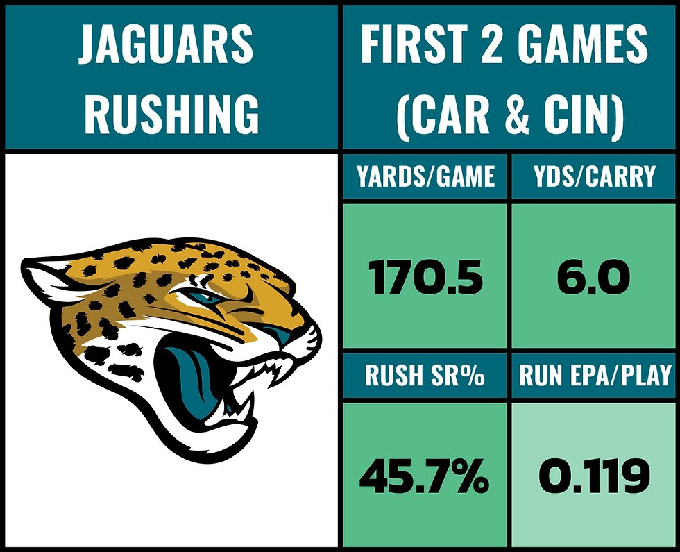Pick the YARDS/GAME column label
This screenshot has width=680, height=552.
(x=425, y=178)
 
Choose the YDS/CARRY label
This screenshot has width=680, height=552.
(x=595, y=178)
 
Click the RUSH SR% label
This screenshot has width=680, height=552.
(x=425, y=376)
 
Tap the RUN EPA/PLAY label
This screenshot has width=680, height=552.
(x=595, y=376)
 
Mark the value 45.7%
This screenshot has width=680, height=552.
(x=425, y=477)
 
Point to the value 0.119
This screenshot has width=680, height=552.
(x=595, y=477)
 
